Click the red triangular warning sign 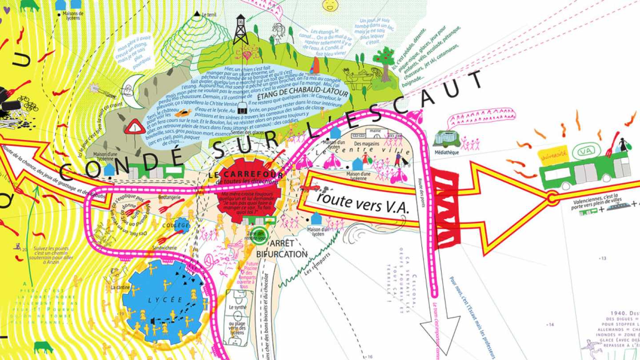pos(135,128)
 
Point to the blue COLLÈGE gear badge pos(182,225)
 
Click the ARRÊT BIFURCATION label pos(282,249)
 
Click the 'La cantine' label pos(120,288)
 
